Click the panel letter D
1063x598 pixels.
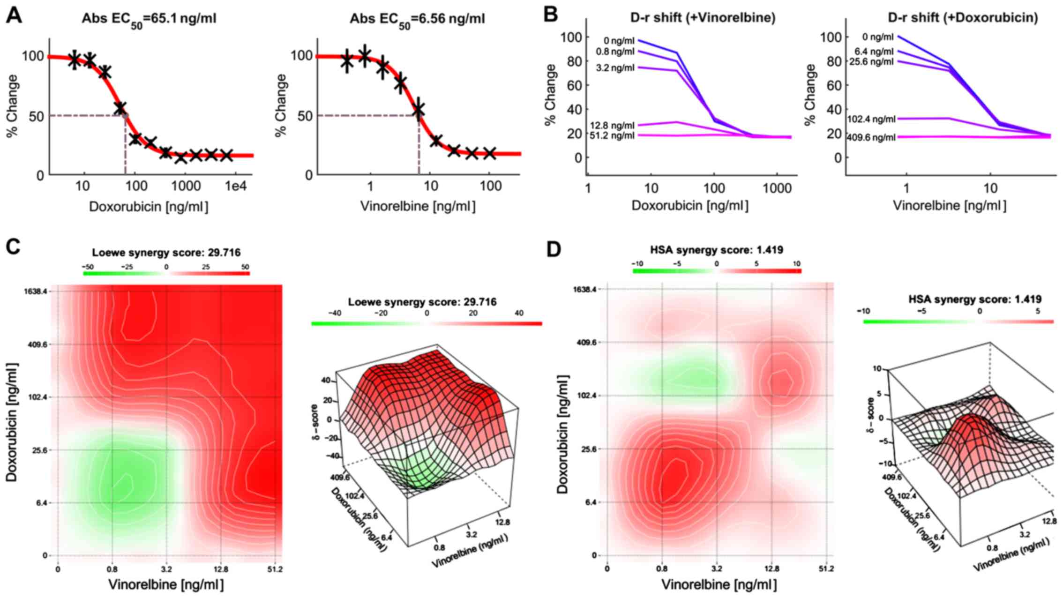pyautogui.click(x=554, y=249)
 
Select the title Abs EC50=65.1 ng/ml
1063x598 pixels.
pyautogui.click(x=149, y=19)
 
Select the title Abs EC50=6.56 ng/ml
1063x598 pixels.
pyautogui.click(x=417, y=19)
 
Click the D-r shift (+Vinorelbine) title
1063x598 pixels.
pyautogui.click(x=703, y=18)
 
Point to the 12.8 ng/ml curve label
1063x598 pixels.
pyautogui.click(x=612, y=126)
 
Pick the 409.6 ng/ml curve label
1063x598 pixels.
pyautogui.click(x=871, y=137)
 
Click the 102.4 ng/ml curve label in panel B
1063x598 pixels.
pyautogui.click(x=871, y=119)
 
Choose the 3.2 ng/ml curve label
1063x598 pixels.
pyautogui.click(x=615, y=68)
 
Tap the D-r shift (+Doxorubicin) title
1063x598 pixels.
pyautogui.click(x=963, y=18)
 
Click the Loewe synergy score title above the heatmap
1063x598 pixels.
pyautogui.click(x=166, y=253)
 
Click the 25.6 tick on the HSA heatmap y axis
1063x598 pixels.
pyautogui.click(x=588, y=449)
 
